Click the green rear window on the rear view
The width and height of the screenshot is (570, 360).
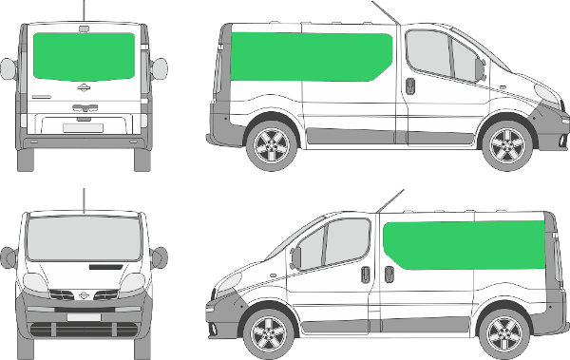84,55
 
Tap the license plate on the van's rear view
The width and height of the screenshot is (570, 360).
84,126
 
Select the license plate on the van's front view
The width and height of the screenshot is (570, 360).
84,315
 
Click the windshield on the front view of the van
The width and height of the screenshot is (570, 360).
84,237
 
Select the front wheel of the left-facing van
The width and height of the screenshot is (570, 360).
265,334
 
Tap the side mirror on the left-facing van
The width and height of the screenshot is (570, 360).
295,256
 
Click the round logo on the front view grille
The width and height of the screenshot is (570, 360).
84,295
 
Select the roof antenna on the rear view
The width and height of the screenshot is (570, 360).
84,10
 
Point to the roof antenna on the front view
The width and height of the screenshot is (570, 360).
84,199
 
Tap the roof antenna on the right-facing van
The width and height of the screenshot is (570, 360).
385,12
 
